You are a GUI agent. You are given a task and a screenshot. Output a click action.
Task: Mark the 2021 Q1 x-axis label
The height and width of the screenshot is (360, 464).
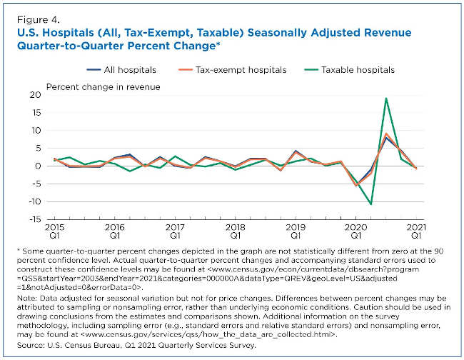click(x=415, y=230)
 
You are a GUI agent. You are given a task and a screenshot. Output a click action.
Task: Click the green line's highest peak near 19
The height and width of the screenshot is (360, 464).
click(x=385, y=99)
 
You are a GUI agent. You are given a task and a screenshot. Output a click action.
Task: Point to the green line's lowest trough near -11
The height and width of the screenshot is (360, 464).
click(x=370, y=204)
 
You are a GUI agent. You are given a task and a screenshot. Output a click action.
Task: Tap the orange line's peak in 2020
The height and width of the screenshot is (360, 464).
click(x=385, y=134)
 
